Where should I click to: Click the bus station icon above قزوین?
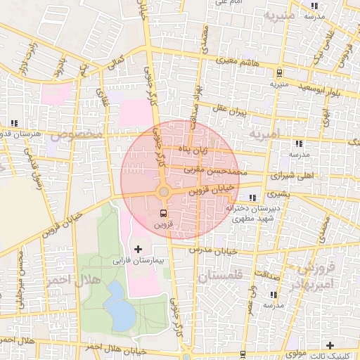pos(164,213)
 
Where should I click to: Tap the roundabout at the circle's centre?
pos(163,191)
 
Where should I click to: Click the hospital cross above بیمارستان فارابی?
pos(137,249)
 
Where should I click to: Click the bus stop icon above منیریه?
pos(279,72)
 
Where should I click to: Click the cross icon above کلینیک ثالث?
pos(330,345)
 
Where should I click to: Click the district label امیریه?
pos(264,133)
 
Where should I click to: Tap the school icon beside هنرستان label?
pos(15,124)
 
